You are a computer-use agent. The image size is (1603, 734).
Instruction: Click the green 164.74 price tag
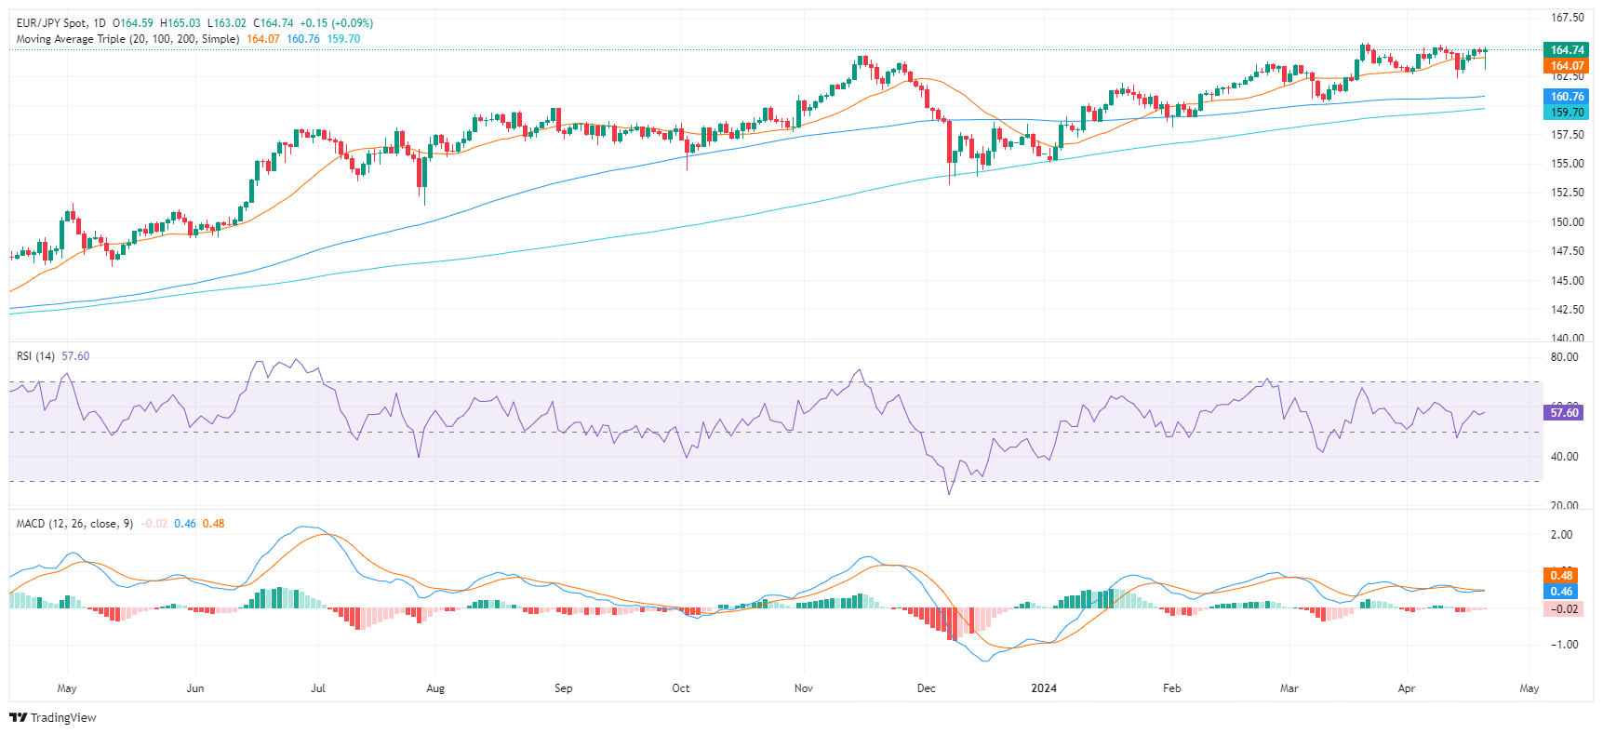(x=1567, y=50)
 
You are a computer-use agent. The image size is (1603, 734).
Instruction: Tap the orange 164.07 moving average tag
(x=1567, y=66)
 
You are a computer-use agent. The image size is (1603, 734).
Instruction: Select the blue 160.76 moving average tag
(x=1567, y=97)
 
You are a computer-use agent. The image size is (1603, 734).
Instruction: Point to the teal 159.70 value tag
(x=1567, y=113)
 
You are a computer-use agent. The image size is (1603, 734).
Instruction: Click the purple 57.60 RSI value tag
(x=1564, y=412)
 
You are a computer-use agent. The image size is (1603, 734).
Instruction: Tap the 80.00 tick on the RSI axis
(x=1565, y=357)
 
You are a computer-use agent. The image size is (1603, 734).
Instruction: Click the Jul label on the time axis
(x=318, y=688)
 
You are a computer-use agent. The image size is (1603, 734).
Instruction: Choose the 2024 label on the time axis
(x=1044, y=688)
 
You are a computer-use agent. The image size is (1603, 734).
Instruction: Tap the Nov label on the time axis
(x=804, y=688)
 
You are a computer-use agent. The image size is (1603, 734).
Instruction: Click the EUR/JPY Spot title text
(x=51, y=23)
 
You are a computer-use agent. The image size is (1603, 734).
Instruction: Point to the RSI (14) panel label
(x=35, y=356)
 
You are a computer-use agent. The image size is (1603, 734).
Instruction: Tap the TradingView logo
(x=53, y=717)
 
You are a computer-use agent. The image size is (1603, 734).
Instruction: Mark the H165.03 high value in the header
(x=180, y=23)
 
